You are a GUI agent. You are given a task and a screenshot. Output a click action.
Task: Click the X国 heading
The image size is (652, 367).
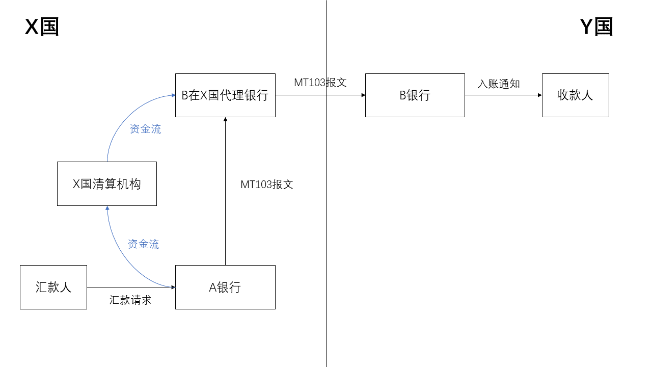click(x=42, y=27)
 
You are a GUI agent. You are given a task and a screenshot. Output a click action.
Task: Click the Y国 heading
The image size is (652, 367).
click(x=596, y=27)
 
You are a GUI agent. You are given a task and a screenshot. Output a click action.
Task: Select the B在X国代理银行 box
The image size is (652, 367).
click(x=225, y=95)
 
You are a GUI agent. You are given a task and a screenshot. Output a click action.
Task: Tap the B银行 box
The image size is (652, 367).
click(x=415, y=95)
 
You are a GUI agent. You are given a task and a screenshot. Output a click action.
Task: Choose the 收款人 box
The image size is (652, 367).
click(x=575, y=95)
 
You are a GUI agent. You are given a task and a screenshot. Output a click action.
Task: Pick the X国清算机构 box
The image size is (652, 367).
click(x=106, y=184)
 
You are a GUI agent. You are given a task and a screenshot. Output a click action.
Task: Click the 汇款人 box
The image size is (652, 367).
click(x=53, y=287)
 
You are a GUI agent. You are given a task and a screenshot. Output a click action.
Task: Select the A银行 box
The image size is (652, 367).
click(x=225, y=287)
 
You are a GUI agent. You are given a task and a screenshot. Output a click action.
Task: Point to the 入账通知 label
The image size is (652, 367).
click(x=499, y=84)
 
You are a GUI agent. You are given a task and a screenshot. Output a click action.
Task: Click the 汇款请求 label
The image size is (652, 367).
click(x=130, y=300)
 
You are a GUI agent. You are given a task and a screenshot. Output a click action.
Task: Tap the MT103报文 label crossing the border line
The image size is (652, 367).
click(x=320, y=83)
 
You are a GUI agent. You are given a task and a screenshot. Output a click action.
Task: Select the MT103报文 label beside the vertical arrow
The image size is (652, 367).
click(x=267, y=185)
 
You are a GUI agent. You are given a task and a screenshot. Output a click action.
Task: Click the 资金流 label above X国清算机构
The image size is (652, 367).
click(x=146, y=129)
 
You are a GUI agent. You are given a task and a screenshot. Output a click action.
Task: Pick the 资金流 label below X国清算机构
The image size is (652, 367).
click(x=143, y=245)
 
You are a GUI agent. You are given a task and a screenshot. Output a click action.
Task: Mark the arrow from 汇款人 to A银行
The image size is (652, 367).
click(x=131, y=287)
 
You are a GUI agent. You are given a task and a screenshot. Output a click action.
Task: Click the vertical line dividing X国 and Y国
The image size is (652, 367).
click(x=326, y=229)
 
